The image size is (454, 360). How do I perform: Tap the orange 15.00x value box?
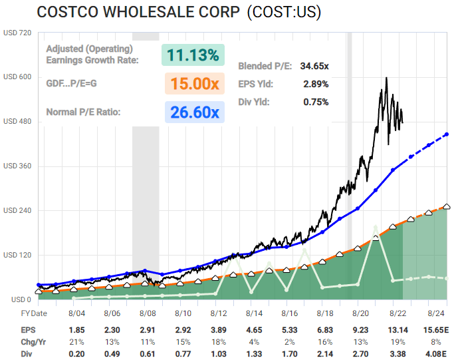coord(193,83)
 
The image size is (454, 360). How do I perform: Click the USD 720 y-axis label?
coord(17,33)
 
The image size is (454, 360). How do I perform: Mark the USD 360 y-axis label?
coord(17,166)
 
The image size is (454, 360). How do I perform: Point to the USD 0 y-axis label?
coord(15,299)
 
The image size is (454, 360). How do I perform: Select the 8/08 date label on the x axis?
coord(147,313)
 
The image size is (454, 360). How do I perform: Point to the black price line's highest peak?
coord(387,78)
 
